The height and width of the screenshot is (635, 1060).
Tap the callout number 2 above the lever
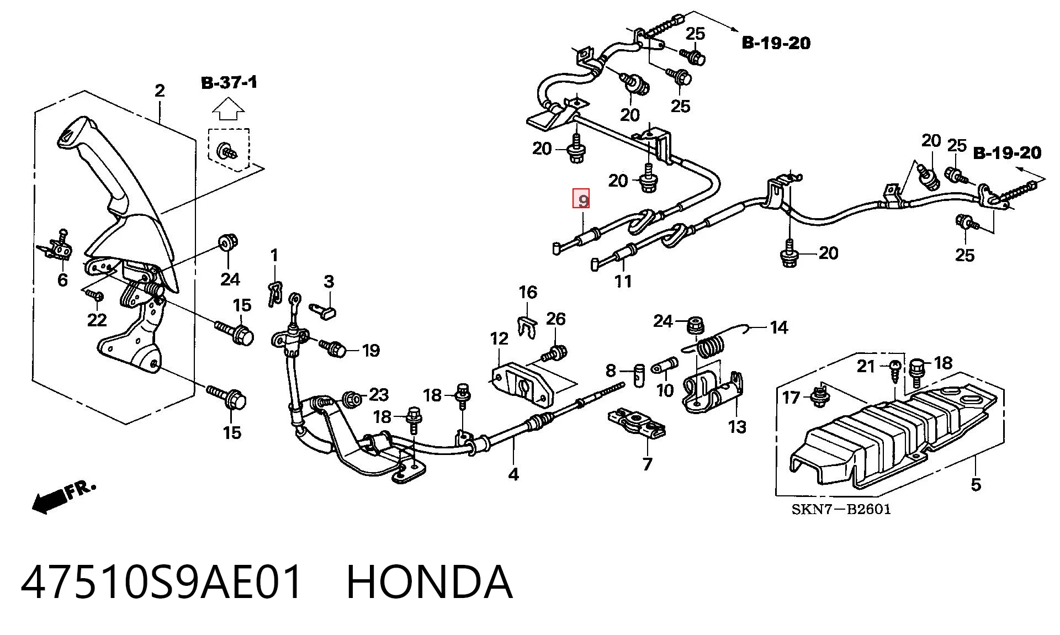coord(160,91)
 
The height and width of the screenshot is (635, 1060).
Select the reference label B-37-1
coord(229,83)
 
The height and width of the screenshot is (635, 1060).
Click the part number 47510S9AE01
coord(162,582)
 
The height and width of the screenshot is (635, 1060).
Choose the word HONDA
coord(430,582)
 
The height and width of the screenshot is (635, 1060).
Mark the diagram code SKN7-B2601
coord(841,509)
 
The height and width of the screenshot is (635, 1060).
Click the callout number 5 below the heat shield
coord(976,485)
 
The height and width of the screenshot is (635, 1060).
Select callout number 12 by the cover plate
coord(499,338)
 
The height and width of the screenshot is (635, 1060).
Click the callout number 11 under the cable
coord(623,282)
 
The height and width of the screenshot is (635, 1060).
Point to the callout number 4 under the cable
coord(513,474)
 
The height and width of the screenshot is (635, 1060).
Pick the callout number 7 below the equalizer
coord(647,464)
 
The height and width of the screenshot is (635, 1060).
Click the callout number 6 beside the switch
coord(62,279)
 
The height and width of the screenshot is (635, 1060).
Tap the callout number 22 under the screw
coord(97,320)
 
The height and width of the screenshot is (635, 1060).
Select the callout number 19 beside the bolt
coord(371,350)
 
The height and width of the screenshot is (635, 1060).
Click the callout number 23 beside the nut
coord(379,394)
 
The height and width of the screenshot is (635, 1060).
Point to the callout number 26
coord(556,319)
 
